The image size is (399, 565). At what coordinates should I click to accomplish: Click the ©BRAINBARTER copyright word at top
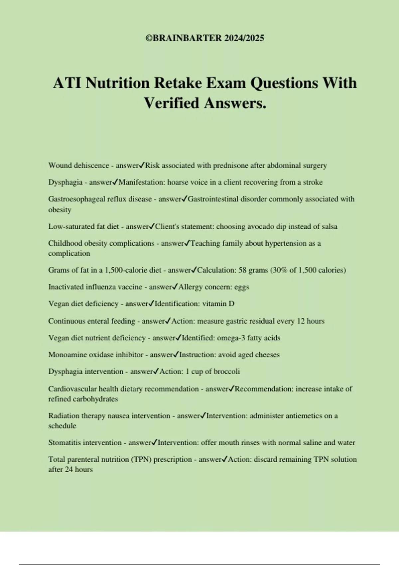[x=184, y=38]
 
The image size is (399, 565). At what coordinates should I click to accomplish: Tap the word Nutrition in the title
[x=117, y=83]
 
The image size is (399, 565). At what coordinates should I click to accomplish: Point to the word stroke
[x=313, y=182]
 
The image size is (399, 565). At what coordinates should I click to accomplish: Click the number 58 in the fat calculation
[x=243, y=270]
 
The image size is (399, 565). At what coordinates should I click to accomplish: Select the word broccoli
[x=226, y=372]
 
